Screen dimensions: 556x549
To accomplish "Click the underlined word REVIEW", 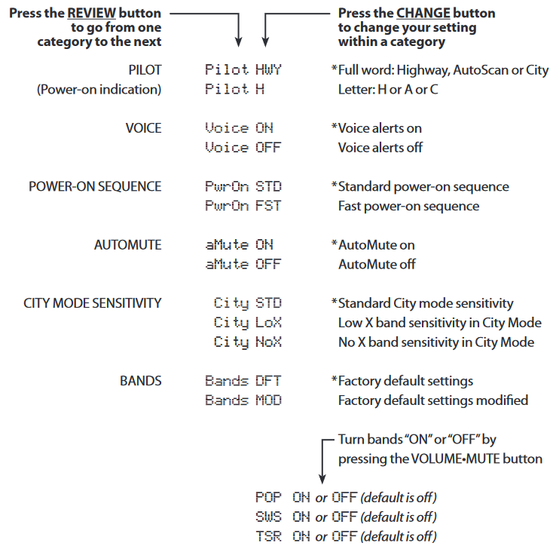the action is (x=91, y=13).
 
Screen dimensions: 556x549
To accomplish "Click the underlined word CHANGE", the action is (x=423, y=13).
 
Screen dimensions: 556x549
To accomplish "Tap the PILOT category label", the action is (x=145, y=70).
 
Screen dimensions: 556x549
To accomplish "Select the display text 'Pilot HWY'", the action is (x=243, y=69).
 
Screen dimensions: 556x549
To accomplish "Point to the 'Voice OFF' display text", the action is (x=243, y=147).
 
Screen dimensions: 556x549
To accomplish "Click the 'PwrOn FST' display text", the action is (x=243, y=205).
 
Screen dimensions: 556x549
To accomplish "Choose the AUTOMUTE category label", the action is (x=127, y=245).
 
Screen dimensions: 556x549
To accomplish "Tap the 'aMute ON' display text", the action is (x=240, y=244).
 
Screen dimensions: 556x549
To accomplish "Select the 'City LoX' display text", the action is (x=248, y=323).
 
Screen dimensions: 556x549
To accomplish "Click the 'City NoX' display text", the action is (x=248, y=342).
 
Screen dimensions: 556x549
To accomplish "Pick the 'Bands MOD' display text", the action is (x=243, y=400).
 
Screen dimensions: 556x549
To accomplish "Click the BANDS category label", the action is (x=140, y=381).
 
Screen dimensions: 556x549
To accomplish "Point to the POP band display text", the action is (x=268, y=497).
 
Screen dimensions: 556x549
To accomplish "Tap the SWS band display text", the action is (x=268, y=517).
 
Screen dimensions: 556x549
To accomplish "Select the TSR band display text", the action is (x=268, y=536).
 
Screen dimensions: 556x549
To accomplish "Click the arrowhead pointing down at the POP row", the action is (x=322, y=479).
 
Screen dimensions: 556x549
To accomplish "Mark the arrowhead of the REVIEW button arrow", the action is (x=239, y=42).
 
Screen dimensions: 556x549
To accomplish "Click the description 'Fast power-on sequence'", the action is (x=408, y=206).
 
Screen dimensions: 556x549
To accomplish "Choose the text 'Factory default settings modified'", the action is (x=433, y=400).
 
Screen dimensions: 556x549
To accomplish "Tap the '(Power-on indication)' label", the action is (x=99, y=90).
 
